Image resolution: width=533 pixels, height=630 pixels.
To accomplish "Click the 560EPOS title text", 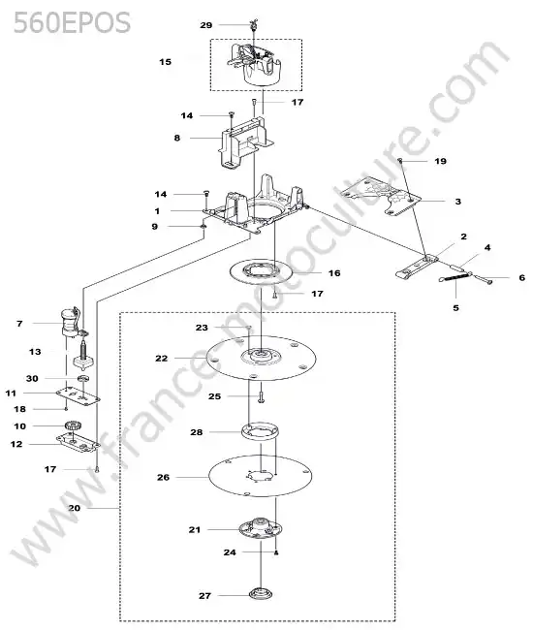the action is click(x=72, y=22).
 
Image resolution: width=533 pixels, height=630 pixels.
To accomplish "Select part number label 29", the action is click(x=206, y=25).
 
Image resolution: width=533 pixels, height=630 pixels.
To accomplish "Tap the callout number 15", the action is click(x=165, y=62).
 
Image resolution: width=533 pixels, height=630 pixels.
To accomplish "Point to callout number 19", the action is click(x=441, y=161).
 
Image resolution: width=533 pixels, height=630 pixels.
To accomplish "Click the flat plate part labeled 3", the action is click(x=381, y=196).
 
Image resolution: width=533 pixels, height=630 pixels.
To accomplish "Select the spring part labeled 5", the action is click(x=455, y=277).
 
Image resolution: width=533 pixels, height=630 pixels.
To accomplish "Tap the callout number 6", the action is click(x=521, y=277).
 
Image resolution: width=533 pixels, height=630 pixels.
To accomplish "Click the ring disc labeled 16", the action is click(x=261, y=272).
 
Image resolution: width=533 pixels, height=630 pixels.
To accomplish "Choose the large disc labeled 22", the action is click(x=261, y=358).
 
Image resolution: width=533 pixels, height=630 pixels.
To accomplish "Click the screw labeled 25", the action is click(x=261, y=397).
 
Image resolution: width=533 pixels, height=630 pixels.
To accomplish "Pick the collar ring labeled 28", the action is click(x=261, y=431).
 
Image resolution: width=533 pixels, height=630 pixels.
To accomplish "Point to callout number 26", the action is click(x=164, y=477).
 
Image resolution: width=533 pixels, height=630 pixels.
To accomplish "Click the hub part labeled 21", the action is click(x=260, y=529).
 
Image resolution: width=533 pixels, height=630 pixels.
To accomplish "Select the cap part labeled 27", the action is click(x=261, y=593).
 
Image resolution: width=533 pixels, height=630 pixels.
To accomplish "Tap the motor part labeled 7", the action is click(x=71, y=323).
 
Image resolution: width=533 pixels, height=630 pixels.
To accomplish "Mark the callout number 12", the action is click(x=16, y=444).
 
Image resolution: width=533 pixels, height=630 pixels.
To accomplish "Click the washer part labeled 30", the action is click(x=83, y=378).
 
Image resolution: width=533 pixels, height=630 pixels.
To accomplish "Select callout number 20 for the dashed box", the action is click(x=75, y=508).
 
